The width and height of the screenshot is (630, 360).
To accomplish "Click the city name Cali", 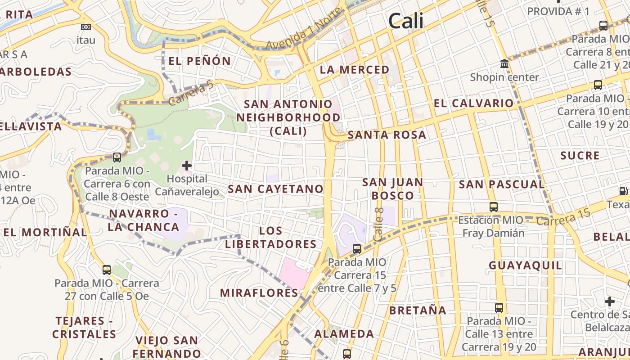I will click(x=406, y=21).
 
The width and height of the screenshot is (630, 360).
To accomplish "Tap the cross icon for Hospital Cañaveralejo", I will click(x=186, y=166).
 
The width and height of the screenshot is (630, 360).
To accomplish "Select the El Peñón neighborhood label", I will click(x=199, y=61).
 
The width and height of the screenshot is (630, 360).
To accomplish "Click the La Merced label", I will click(x=355, y=70).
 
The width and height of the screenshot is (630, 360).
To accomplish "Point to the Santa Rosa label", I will click(x=387, y=135).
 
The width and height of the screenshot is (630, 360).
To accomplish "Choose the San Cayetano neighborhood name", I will click(x=275, y=189).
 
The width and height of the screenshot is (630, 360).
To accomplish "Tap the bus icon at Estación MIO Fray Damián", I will click(x=494, y=207).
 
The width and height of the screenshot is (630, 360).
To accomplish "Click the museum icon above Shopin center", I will click(x=504, y=64).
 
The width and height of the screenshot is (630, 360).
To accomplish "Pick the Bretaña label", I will click(x=418, y=310).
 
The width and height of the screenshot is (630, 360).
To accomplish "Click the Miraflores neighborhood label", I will click(x=259, y=293).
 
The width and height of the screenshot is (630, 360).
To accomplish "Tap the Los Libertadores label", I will click(x=271, y=238).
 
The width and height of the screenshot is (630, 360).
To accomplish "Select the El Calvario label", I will click(x=473, y=103).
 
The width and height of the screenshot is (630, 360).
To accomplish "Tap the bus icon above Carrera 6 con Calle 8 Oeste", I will click(x=117, y=157).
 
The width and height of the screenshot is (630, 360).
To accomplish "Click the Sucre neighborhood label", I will click(x=580, y=156).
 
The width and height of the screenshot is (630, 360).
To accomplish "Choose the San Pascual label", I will click(x=502, y=184).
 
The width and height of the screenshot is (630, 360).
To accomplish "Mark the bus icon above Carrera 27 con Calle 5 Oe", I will click(x=107, y=270).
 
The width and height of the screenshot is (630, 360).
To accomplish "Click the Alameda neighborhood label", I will click(x=344, y=334).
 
